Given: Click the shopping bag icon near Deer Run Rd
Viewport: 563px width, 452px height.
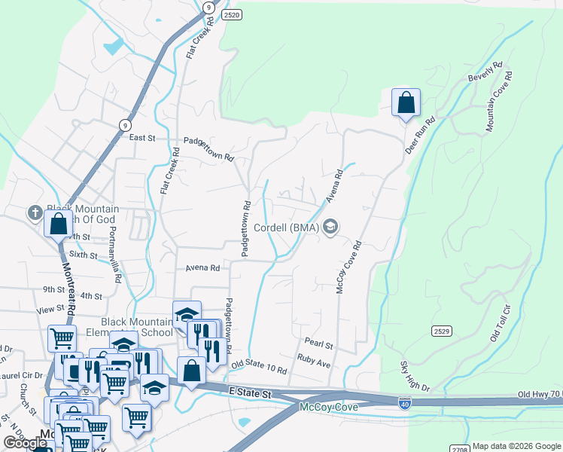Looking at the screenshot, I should click(x=406, y=102).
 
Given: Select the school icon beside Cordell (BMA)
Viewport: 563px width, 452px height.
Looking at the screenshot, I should click(x=330, y=227).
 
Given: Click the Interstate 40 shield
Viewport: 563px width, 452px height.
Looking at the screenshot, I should click(x=404, y=404).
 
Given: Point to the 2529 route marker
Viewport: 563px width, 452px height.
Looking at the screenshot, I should click(x=443, y=331).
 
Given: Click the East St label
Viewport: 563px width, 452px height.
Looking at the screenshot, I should click(x=142, y=138).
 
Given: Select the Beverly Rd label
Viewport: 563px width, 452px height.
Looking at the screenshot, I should click(x=484, y=73).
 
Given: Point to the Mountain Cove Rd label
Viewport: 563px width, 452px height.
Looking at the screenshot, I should click(x=498, y=102).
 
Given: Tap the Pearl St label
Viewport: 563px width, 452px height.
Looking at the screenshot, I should click(x=319, y=344).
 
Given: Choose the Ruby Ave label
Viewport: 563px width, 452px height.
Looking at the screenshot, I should click(x=314, y=362).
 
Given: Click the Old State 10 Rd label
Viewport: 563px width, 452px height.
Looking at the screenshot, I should click(x=259, y=368).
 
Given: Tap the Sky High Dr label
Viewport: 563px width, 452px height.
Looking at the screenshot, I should click(x=415, y=377).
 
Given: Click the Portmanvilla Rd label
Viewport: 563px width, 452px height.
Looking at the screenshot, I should click(x=114, y=254).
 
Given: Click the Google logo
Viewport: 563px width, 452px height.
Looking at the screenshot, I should click(x=25, y=443).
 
